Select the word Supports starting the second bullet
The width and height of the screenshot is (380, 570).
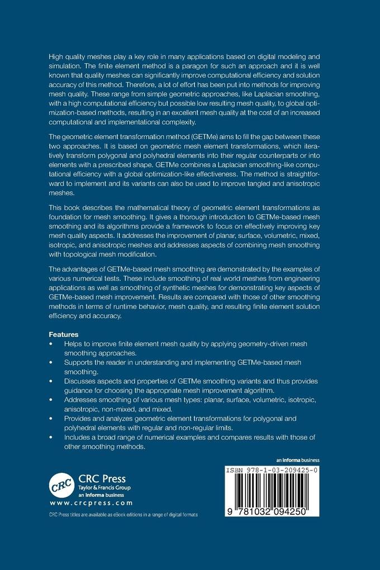point(82,362)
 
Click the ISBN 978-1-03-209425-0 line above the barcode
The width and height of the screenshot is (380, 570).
point(272,471)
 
